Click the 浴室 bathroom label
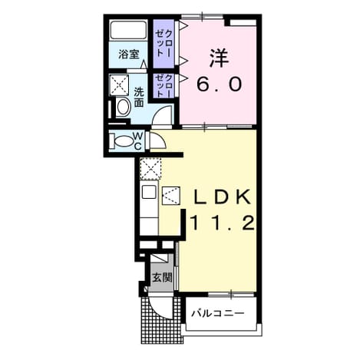129,54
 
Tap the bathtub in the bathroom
128,30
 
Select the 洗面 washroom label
139,97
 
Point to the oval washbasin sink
124,107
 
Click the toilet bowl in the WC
124,140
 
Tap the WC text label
138,140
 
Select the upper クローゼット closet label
164,44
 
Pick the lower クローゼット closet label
164,85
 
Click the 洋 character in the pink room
219,58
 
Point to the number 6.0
219,84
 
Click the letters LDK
222,197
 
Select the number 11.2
222,223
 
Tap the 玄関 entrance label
162,277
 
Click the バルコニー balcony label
218,312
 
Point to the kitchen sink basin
149,192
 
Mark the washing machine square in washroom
119,85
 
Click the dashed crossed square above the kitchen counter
150,169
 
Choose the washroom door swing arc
160,111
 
